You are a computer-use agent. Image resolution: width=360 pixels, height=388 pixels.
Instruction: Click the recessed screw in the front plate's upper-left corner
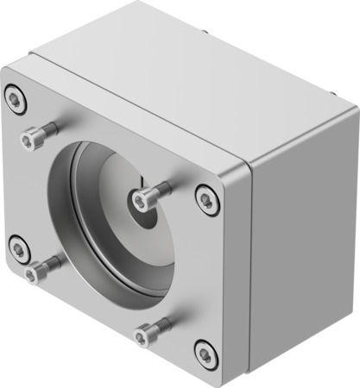[16, 98]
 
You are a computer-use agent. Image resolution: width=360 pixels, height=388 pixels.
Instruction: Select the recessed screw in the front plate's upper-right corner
[206, 199]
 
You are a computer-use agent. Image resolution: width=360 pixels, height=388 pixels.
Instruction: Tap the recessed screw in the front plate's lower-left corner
[18, 250]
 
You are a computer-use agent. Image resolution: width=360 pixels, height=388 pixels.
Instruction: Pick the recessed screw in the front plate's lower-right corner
[205, 354]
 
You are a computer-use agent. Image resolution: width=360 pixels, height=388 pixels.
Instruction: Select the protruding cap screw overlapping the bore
[143, 200]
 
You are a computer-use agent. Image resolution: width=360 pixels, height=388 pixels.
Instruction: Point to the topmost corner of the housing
[140, 3]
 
